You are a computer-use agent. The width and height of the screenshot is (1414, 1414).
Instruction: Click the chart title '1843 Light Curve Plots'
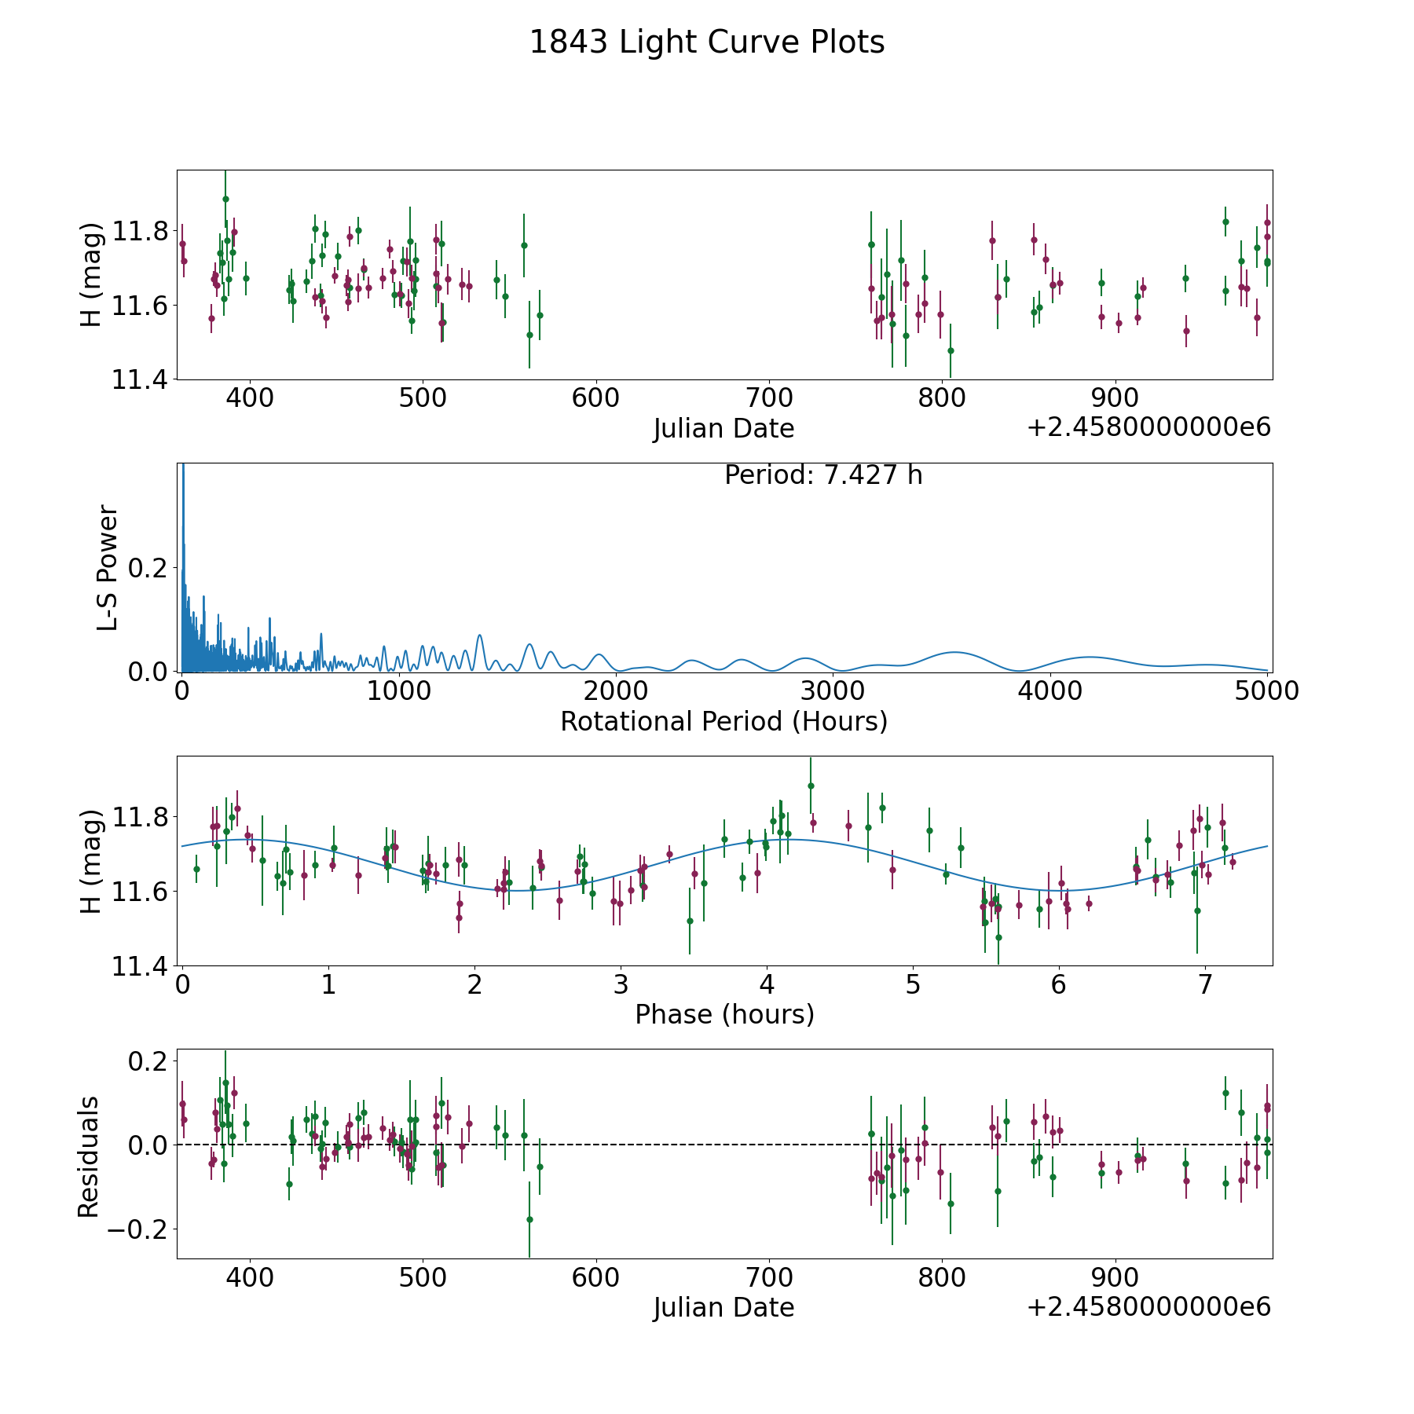pos(707,42)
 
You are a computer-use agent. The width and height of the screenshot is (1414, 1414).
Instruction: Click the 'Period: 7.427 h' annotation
pos(823,475)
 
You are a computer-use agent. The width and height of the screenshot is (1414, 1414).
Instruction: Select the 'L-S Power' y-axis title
pos(108,568)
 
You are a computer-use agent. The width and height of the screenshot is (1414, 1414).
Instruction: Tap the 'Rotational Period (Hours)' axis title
pos(724,721)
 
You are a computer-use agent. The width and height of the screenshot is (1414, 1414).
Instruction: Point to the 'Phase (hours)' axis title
pos(724,1014)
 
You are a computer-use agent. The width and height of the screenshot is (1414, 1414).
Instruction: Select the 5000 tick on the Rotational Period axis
pos(1267,691)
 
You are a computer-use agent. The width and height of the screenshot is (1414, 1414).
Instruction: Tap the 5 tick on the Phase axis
pos(913,984)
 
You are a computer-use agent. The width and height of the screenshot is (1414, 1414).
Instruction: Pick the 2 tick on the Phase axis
pos(474,984)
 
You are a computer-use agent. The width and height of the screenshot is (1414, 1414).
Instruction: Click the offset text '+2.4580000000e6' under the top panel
pos(1148,427)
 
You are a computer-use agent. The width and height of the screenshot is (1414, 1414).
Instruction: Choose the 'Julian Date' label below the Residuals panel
pos(724,1307)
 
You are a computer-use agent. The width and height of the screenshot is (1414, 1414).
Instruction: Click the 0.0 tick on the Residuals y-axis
pos(148,1145)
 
